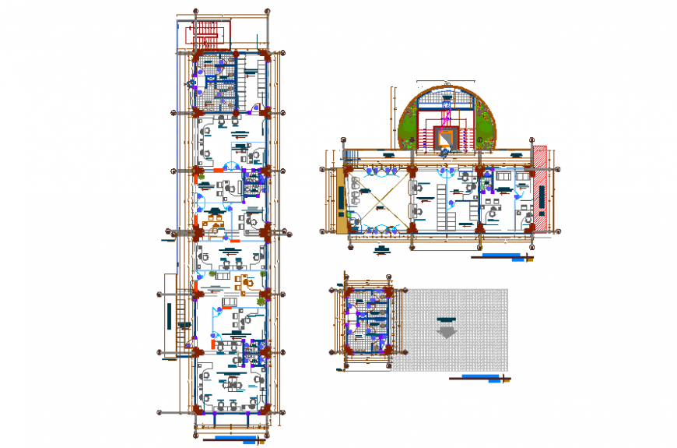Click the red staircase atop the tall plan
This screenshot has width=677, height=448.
tap(206, 34)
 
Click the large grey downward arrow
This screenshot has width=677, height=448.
tap(447, 330)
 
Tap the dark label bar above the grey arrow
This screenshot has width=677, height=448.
tap(447, 319)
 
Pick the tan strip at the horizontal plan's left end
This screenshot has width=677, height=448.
tap(342, 201)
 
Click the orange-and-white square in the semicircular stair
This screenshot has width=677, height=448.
tap(445, 139)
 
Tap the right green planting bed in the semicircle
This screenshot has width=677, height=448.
tap(486, 129)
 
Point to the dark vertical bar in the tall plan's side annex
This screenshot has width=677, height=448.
tap(169, 316)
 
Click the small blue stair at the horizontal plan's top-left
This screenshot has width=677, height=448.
tap(349, 157)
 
